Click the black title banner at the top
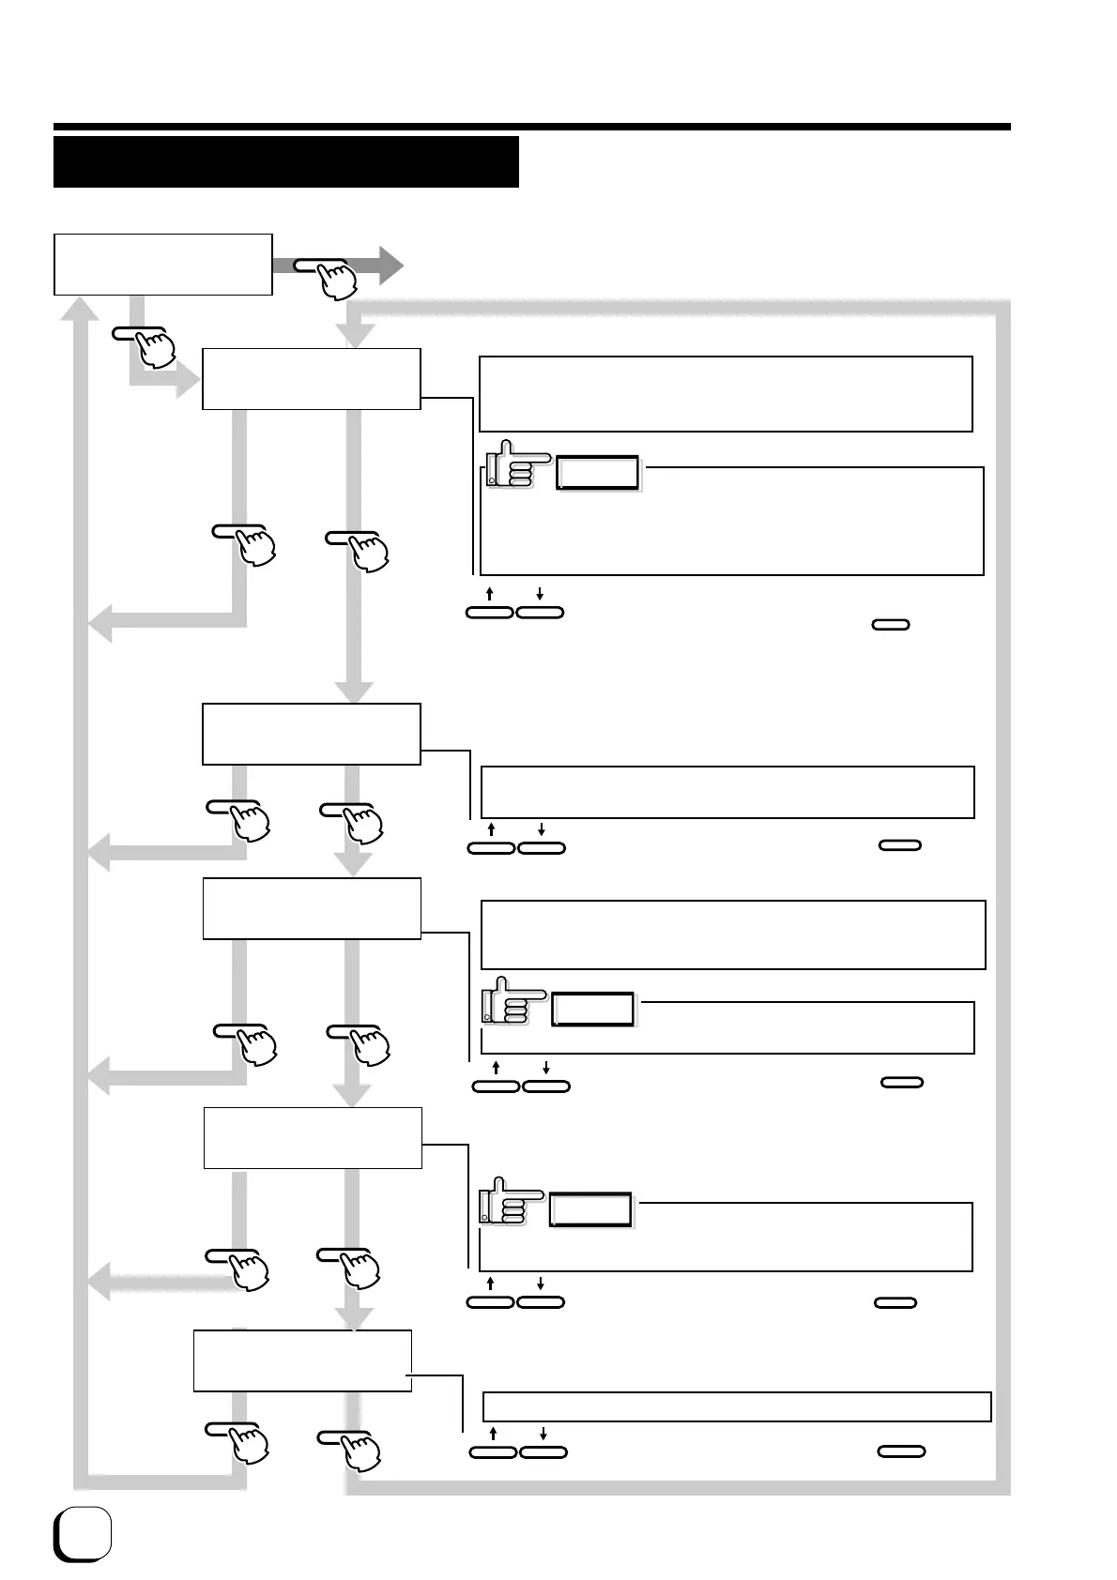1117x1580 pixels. [285, 161]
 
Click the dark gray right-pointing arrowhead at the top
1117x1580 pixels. [389, 266]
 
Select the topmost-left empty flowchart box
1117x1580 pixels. [163, 265]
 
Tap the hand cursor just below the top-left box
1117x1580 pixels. [154, 348]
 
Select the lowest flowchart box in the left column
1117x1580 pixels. [302, 1360]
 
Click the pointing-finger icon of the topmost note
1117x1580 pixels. [515, 463]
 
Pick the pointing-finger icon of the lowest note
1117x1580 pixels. [510, 1201]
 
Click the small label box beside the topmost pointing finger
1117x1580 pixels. [597, 473]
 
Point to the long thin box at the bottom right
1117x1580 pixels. [737, 1406]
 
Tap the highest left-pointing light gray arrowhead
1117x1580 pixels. [99, 621]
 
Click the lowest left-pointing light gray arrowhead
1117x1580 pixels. [99, 1282]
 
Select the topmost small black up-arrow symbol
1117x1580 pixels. [490, 594]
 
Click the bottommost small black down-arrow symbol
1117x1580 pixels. [543, 1434]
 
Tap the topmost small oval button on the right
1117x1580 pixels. [890, 624]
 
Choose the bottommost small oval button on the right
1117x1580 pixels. [901, 1451]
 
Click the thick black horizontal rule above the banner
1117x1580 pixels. [531, 127]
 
